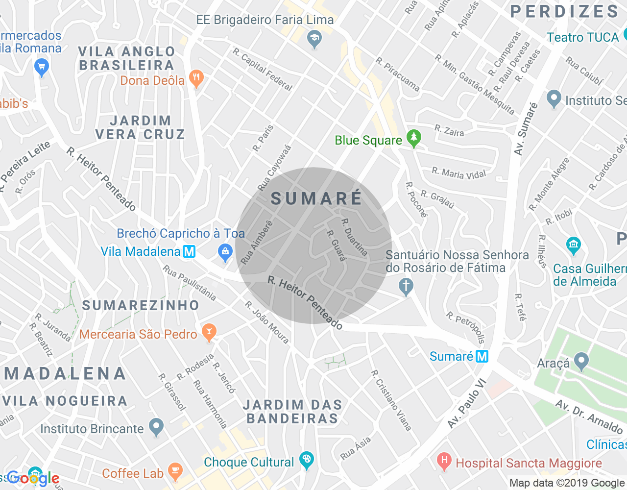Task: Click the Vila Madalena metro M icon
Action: click(x=189, y=251)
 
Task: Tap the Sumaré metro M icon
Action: click(x=482, y=356)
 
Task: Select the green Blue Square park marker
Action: click(x=414, y=139)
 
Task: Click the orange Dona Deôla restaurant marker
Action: click(x=196, y=78)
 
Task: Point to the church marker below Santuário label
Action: click(x=406, y=286)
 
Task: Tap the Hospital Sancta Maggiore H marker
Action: click(x=444, y=462)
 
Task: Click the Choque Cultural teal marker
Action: click(x=307, y=460)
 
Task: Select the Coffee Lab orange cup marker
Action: click(x=175, y=471)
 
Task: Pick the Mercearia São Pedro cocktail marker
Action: click(x=209, y=332)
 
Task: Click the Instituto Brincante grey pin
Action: click(x=156, y=427)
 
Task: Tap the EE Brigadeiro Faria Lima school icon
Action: click(x=314, y=39)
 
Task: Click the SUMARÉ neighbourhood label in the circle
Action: click(x=316, y=198)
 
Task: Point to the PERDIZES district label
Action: click(x=564, y=12)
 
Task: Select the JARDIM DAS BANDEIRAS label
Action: click(x=292, y=412)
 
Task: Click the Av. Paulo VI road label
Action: click(x=466, y=403)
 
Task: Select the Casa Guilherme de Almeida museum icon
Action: click(x=573, y=245)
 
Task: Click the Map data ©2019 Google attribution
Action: click(x=567, y=483)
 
